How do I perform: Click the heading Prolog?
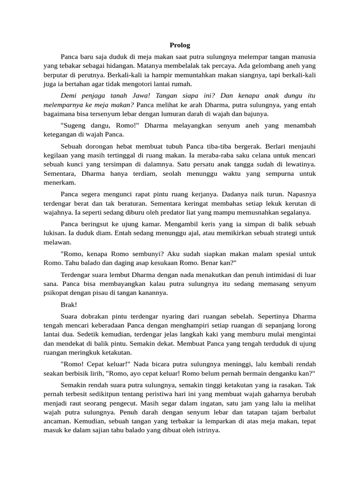(x=180, y=45)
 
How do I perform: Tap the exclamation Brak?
(x=69, y=304)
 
